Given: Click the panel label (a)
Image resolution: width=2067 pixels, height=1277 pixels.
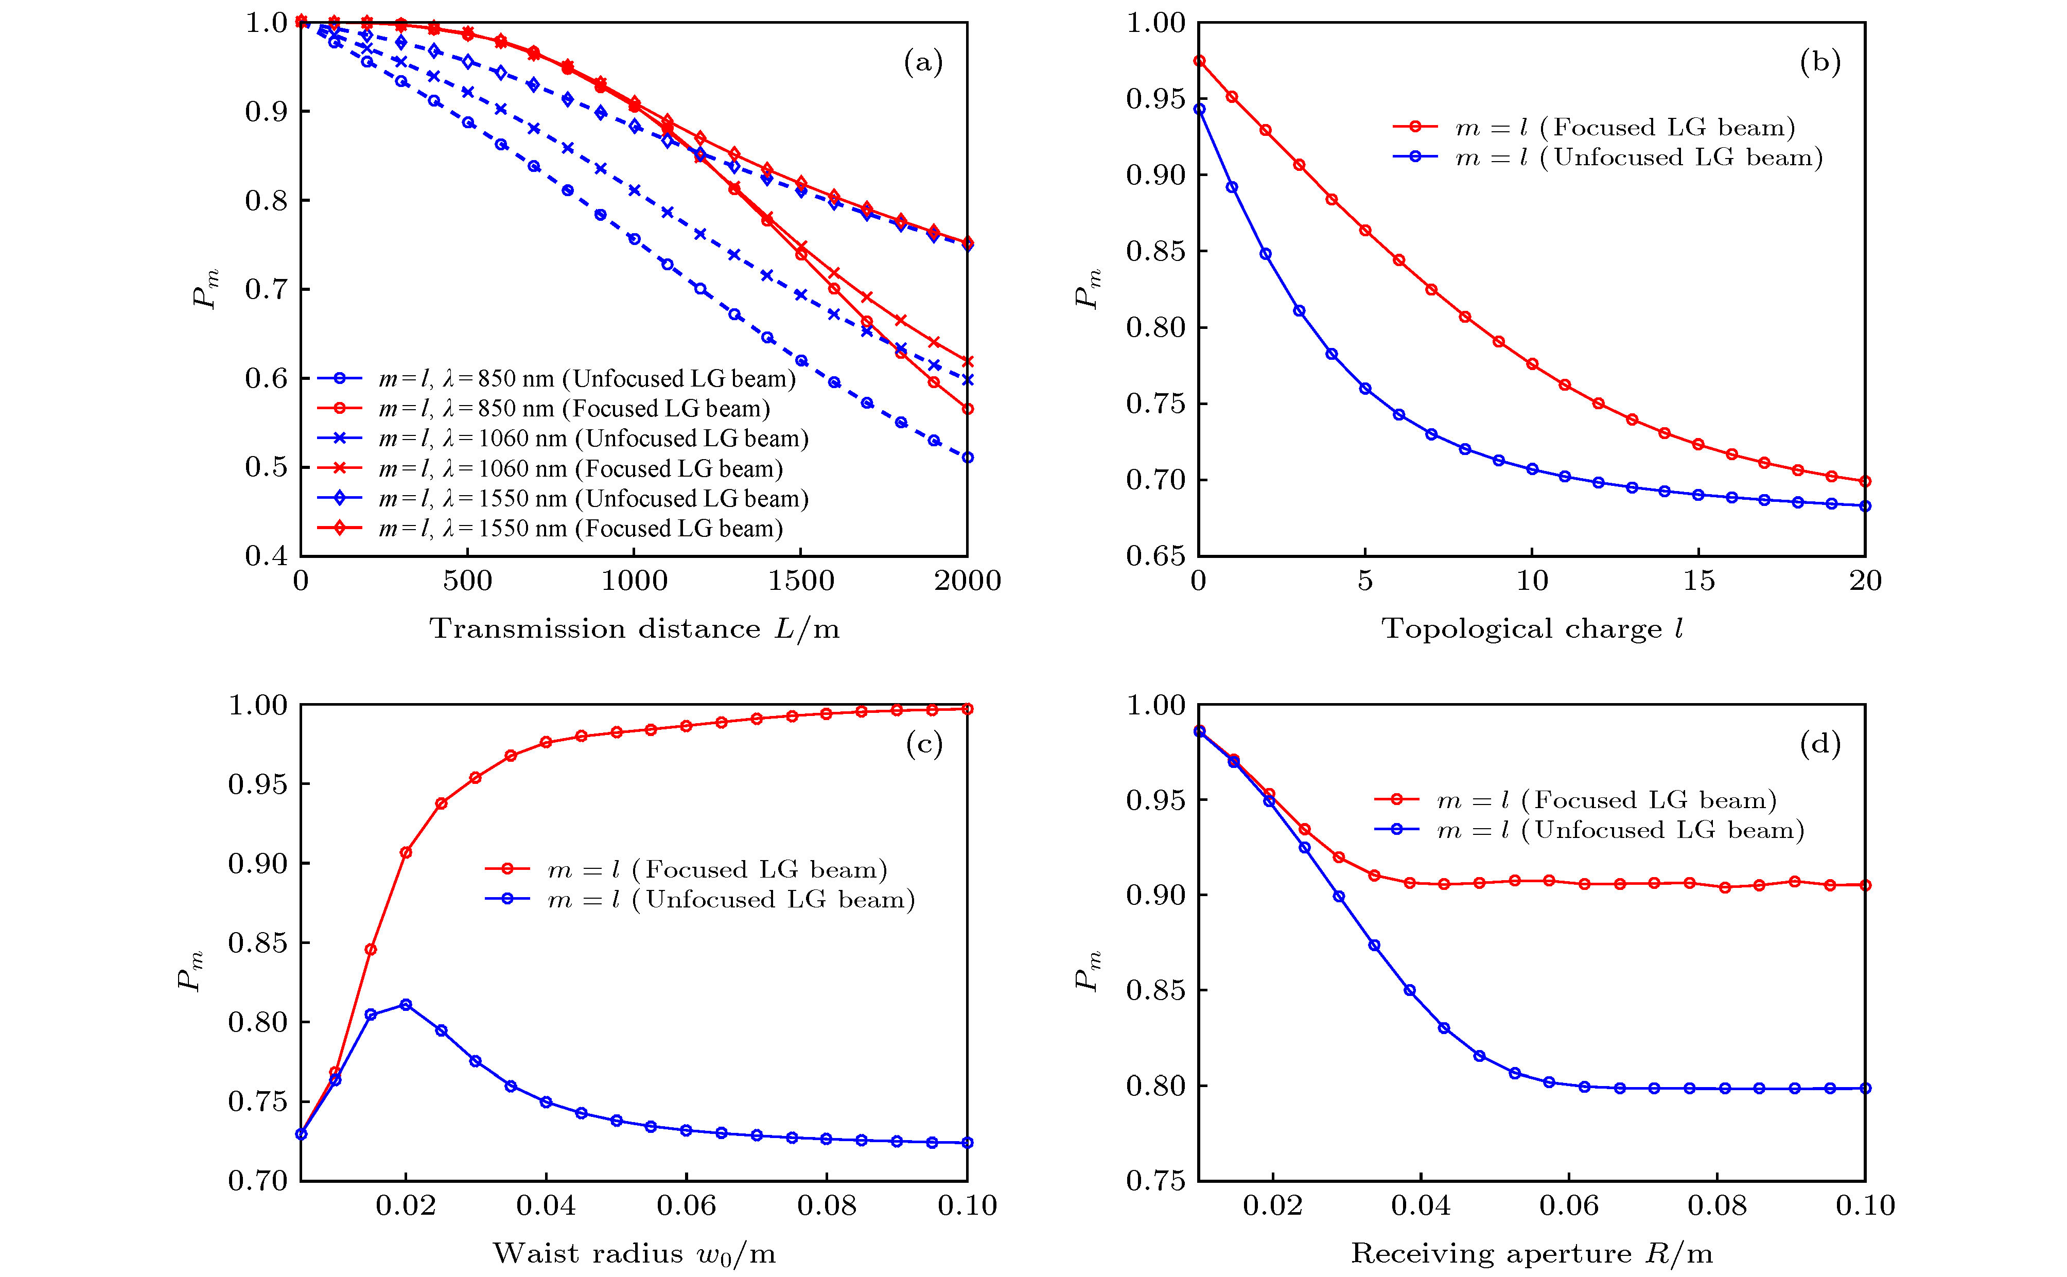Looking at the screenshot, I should pyautogui.click(x=923, y=62).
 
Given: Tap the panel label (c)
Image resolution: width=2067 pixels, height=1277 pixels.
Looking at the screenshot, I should pyautogui.click(x=923, y=744).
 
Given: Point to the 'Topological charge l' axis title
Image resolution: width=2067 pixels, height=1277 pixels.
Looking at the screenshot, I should pyautogui.click(x=1532, y=628).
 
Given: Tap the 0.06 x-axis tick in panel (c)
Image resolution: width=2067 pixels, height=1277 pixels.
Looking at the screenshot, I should pyautogui.click(x=687, y=1205).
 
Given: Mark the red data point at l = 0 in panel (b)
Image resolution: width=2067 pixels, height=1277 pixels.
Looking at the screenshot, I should pyautogui.click(x=1199, y=61).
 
